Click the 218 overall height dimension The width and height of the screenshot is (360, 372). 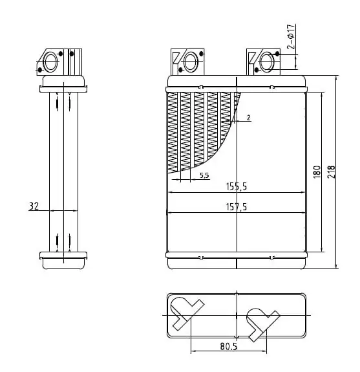[331, 172]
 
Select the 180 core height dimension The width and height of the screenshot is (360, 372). [317, 172]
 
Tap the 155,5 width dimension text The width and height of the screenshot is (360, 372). [237, 186]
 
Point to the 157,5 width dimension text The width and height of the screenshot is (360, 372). [237, 207]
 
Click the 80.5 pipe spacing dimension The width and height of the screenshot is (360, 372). [229, 347]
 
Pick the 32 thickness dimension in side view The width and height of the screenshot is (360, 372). [34, 206]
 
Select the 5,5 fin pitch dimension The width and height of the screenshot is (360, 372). [204, 175]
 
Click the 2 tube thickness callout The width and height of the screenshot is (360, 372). [248, 118]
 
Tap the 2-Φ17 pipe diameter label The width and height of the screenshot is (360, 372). [291, 36]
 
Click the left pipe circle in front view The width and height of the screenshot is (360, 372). [191, 62]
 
